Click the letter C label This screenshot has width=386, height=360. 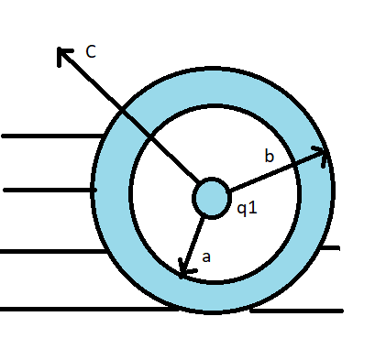tap(91, 52)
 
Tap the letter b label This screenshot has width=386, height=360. tap(269, 158)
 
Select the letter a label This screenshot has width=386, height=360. tap(206, 257)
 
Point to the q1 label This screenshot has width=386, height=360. tap(247, 209)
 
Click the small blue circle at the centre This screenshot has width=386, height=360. tap(211, 197)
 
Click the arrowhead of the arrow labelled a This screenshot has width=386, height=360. tap(183, 271)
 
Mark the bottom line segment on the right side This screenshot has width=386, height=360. tap(298, 311)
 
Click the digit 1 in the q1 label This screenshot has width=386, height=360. tap(254, 209)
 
